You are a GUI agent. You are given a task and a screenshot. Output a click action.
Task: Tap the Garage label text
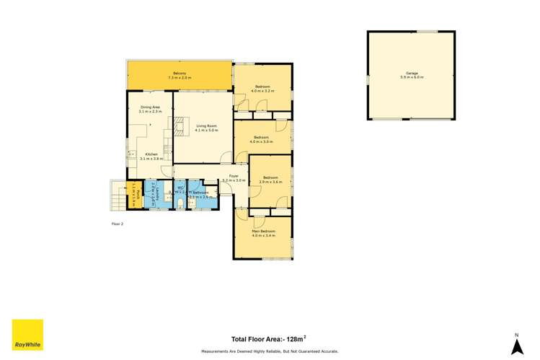pos(411,74)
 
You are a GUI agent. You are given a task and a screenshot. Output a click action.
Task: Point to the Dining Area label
pos(150,107)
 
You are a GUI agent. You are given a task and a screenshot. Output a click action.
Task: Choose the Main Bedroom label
pos(263,232)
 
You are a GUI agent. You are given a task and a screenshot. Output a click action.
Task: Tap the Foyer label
pos(234,175)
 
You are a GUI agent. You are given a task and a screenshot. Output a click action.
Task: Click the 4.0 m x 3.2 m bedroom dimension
pos(262,91)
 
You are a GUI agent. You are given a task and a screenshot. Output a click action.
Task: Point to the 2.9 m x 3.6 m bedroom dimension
pos(270,182)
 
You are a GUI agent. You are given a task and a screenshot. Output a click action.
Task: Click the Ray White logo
pos(27,335)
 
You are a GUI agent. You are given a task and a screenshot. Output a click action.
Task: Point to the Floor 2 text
pos(118,224)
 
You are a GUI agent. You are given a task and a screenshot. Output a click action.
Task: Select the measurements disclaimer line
pos(270,351)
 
